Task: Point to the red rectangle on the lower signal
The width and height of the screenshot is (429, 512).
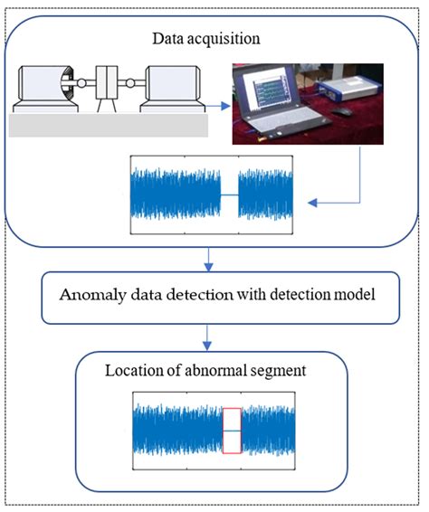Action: click(233, 431)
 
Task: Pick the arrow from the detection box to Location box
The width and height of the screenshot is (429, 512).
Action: click(210, 335)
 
